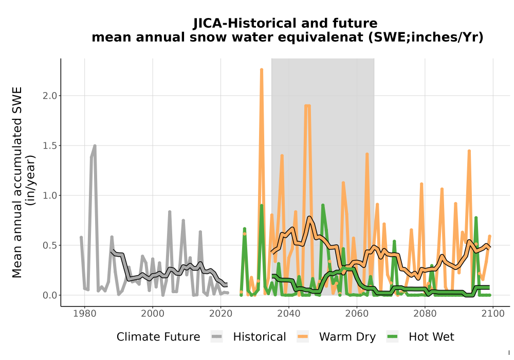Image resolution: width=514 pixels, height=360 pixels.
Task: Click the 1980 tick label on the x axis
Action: [85, 314]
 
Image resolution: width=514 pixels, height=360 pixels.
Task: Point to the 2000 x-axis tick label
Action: [153, 314]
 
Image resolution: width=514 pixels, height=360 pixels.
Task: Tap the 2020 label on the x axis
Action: [221, 314]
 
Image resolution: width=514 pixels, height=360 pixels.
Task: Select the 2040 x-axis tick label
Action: [288, 314]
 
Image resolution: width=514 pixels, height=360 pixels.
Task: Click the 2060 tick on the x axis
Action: [357, 314]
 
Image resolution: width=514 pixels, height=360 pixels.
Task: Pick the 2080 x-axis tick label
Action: [425, 314]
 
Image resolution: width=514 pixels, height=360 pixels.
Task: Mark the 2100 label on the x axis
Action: [493, 314]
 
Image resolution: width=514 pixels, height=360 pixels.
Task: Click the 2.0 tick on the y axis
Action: [49, 96]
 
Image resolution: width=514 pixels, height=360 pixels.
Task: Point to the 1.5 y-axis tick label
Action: [49, 146]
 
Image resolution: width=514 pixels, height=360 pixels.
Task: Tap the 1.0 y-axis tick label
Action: [49, 195]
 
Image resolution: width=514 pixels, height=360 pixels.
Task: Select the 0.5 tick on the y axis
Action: [49, 245]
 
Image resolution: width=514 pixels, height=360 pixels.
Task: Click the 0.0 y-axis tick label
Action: [49, 295]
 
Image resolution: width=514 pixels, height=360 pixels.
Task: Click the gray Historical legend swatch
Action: [217, 337]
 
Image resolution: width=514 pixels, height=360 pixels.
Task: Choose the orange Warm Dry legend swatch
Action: [303, 337]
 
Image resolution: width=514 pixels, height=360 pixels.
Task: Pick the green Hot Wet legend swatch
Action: [392, 337]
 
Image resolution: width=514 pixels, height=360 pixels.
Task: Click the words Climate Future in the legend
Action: [158, 337]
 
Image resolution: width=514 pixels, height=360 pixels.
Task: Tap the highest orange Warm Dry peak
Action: [262, 69]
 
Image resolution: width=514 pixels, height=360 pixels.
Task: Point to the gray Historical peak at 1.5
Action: [95, 146]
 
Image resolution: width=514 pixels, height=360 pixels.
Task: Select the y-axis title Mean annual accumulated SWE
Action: [17, 182]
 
